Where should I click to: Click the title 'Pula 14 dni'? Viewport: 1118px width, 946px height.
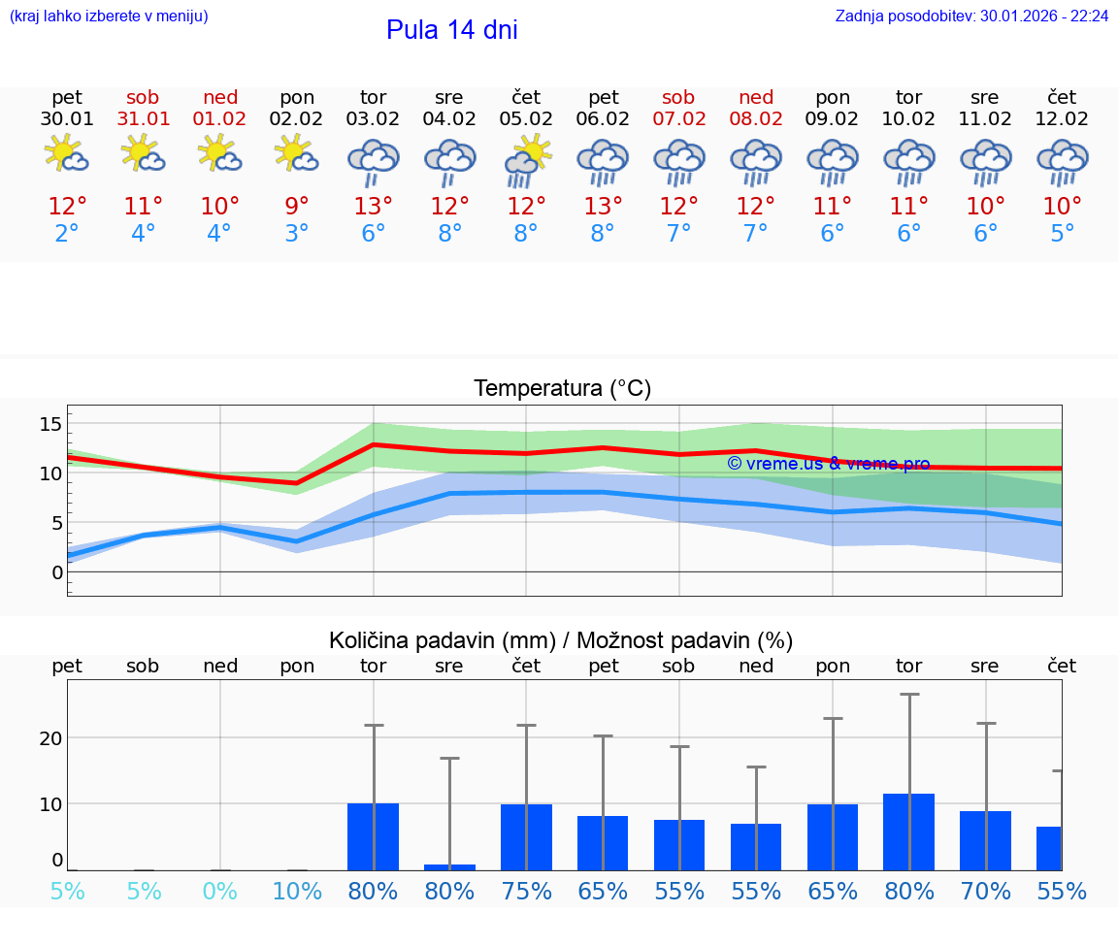point(451,30)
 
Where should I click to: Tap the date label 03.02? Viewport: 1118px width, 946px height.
point(373,119)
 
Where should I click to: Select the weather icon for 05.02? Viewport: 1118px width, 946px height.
point(526,160)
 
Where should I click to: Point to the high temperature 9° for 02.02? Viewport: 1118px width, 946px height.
point(297,207)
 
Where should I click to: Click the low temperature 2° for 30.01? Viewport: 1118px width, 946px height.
point(67,234)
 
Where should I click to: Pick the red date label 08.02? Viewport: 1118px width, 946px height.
point(756,119)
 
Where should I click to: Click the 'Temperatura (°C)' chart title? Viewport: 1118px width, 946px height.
point(562,389)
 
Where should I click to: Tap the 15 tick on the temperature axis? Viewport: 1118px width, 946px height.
point(50,424)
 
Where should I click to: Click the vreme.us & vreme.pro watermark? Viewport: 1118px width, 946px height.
point(828,464)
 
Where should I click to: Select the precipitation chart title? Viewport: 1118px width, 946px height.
point(561,640)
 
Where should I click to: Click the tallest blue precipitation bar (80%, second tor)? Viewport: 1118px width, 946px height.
point(909,832)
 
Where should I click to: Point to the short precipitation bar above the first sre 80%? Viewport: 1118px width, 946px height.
point(449,866)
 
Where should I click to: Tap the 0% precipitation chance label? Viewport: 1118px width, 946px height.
point(220,892)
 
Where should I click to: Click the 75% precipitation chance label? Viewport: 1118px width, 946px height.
point(526,892)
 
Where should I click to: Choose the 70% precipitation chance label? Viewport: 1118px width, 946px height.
point(985,892)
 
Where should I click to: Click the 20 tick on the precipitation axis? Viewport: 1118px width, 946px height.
point(50,738)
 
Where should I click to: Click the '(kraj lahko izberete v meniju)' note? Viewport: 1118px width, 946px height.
point(109,16)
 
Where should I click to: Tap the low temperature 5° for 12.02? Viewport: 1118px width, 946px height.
point(1062,234)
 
